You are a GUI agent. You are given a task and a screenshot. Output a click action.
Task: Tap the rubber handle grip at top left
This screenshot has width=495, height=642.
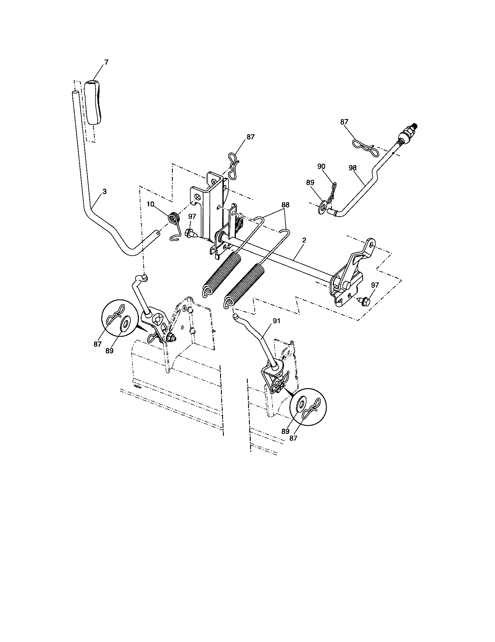[x=94, y=104]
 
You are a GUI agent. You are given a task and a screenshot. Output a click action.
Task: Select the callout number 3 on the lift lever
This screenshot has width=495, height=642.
[x=104, y=191]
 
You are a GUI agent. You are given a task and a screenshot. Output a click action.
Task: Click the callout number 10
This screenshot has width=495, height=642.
[x=151, y=205]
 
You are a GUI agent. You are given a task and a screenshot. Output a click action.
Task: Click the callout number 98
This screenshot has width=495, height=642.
[x=353, y=168]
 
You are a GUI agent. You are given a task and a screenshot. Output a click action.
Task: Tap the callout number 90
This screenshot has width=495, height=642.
[x=321, y=166]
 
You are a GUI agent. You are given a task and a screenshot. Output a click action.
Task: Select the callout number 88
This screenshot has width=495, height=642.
[x=285, y=205]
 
